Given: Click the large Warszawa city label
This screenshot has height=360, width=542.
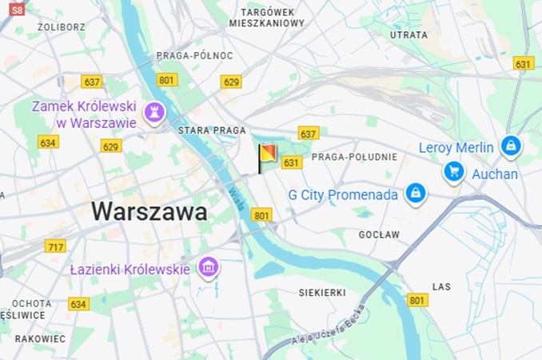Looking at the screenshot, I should pos(149,212).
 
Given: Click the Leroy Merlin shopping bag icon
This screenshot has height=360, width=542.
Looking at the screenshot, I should pos(510,146).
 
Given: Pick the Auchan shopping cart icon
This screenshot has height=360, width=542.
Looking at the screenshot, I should pos(454,171).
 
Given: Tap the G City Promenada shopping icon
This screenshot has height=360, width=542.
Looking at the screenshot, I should pos(414,193).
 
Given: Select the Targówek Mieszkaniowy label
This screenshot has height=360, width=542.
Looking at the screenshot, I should pos(266,18).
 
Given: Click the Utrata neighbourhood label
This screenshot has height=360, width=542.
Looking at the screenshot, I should pos(408,35).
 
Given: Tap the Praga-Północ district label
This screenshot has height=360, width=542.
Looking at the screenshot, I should pos(194,56).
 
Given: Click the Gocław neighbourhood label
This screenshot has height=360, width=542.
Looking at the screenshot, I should pos(379,234).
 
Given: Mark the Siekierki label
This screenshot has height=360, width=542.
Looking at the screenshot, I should pos(321,292).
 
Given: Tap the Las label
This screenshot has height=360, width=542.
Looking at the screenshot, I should pos(441,286).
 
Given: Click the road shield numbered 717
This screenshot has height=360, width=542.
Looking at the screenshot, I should pos(55,246).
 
